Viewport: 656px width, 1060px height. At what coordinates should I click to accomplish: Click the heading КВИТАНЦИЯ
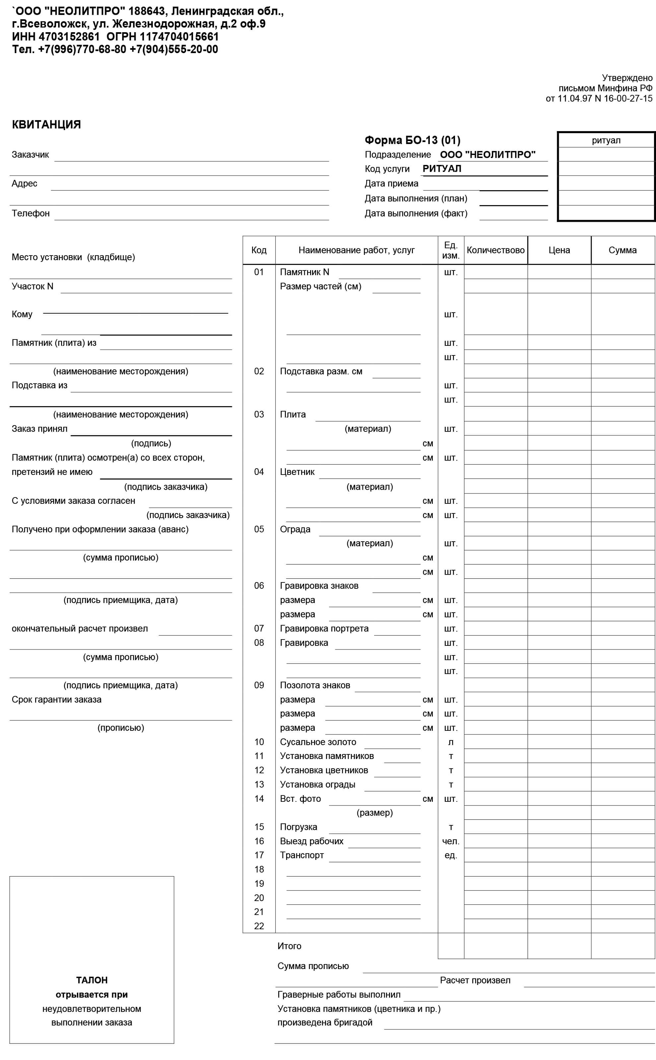click(46, 124)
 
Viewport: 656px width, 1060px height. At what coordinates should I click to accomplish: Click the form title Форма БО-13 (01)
click(412, 140)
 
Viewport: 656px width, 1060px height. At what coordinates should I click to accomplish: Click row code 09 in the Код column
click(259, 685)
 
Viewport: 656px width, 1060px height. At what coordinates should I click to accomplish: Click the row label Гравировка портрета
click(324, 629)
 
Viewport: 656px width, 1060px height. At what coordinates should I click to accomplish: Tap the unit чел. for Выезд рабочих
click(450, 841)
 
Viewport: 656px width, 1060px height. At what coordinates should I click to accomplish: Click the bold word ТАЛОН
click(92, 980)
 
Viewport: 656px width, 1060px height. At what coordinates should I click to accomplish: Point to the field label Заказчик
click(31, 155)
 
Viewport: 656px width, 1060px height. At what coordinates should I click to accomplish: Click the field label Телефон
click(31, 213)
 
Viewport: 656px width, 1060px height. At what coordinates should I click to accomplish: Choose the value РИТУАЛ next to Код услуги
click(442, 169)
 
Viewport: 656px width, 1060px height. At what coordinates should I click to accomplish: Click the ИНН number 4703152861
click(69, 37)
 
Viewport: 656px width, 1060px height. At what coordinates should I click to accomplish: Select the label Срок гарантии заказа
click(56, 700)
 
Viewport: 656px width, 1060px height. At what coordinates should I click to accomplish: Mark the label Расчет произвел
click(475, 981)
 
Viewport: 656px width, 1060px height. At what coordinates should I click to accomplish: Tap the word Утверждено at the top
click(627, 78)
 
